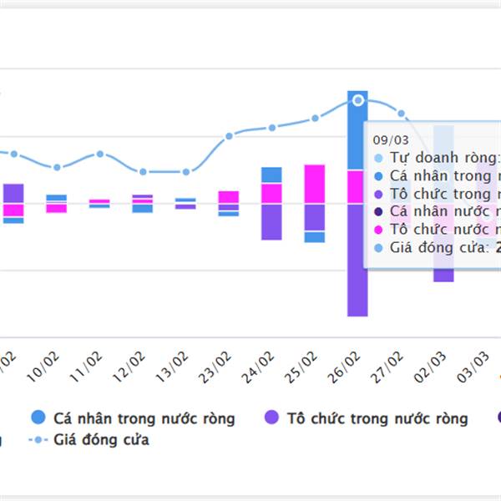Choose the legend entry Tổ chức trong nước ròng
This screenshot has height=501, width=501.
click(376, 417)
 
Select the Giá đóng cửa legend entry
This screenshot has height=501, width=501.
click(101, 439)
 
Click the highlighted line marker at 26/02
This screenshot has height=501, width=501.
click(358, 100)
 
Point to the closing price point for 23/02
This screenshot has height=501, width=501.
click(229, 135)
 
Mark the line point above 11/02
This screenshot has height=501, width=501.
click(100, 154)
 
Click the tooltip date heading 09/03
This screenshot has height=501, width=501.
click(390, 139)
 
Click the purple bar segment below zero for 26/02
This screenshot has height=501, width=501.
click(357, 260)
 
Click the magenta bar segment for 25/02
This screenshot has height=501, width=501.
click(315, 184)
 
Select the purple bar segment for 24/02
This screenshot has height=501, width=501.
click(271, 222)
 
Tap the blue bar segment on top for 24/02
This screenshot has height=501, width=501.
click(271, 175)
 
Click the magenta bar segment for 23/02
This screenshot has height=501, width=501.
click(229, 197)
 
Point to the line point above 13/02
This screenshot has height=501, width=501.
click(185, 172)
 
